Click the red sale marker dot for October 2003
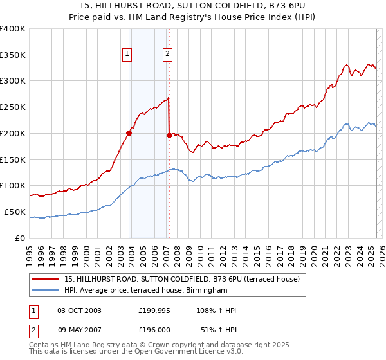click(x=129, y=134)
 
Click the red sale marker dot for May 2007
click(x=169, y=135)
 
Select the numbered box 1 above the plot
click(x=127, y=55)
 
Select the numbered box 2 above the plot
click(x=167, y=55)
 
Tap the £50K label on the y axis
click(x=15, y=212)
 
